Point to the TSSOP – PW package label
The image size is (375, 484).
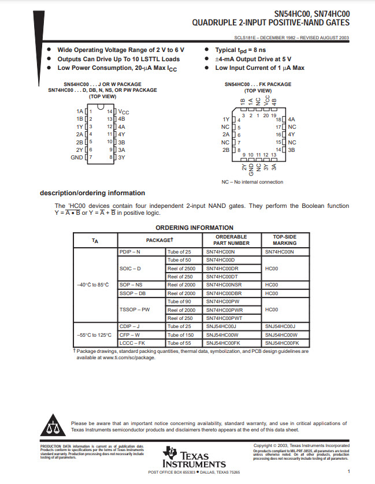[135, 310]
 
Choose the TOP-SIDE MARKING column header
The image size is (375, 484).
[284, 240]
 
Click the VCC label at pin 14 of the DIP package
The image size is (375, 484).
[124, 111]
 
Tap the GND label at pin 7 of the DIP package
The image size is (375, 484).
[77, 157]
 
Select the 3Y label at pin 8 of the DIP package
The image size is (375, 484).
[121, 157]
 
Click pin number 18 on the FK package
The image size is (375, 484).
[278, 119]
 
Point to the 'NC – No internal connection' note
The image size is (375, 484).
[253, 182]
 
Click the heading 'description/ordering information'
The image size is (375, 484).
[92, 193]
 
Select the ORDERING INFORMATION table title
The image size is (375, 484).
[194, 228]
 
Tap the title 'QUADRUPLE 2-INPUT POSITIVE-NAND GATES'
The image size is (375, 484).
[270, 23]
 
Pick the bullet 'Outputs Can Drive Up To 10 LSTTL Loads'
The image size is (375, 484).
[118, 59]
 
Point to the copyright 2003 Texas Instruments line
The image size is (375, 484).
[301, 445]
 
